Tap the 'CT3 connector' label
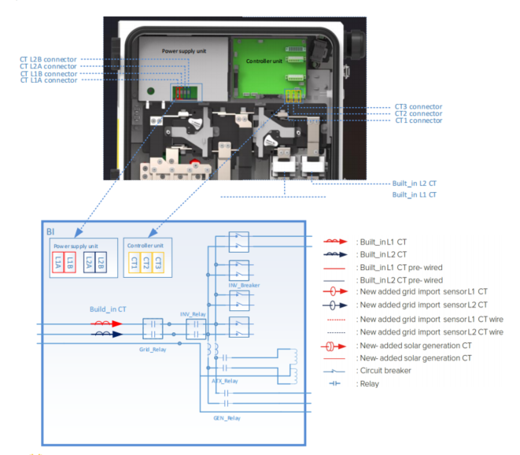click(x=418, y=106)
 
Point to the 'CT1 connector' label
click(x=418, y=120)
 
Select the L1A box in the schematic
click(x=59, y=263)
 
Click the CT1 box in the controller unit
click(x=135, y=263)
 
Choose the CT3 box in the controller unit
click(x=157, y=263)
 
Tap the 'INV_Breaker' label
click(x=239, y=284)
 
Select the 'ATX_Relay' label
click(x=224, y=379)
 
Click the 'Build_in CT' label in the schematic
click(x=107, y=309)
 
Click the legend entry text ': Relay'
click(x=367, y=384)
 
